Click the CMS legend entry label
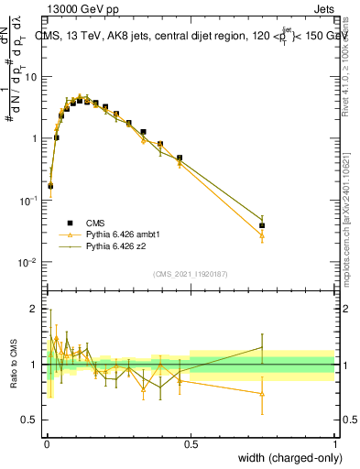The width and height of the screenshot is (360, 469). [96, 223]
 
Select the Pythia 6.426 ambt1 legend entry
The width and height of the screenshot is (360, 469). [125, 234]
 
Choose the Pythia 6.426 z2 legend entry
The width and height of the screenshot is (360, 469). [118, 246]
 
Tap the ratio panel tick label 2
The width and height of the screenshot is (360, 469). [38, 309]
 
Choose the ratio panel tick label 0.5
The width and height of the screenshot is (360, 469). [34, 420]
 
